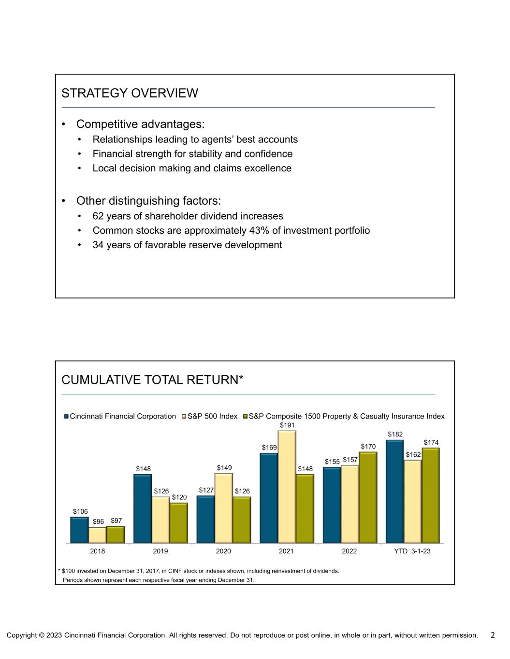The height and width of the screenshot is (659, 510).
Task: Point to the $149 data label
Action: pos(224,468)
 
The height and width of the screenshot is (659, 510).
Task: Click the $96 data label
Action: pos(99,521)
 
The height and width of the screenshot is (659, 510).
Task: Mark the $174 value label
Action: pos(432,442)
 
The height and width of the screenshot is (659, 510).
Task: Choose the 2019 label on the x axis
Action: pos(160,551)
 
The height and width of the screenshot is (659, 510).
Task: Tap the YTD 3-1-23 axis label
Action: pos(412,551)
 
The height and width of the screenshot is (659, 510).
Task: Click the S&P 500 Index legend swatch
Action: pos(184,416)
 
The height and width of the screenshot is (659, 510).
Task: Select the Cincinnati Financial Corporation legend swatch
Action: pos(67,416)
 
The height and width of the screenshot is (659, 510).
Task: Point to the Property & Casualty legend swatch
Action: pos(245,416)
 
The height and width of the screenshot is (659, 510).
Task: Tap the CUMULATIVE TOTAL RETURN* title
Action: pos(152,380)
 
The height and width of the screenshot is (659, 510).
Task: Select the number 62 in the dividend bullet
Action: pos(98,216)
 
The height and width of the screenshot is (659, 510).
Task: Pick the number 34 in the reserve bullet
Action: pos(98,245)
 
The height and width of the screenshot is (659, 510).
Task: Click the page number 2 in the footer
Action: pos(493,635)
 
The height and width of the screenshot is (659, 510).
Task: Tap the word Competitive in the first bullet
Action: pos(108,124)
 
